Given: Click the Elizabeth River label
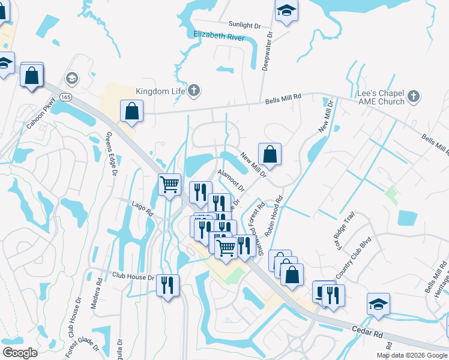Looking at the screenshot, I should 218,36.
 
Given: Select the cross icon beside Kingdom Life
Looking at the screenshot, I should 193,91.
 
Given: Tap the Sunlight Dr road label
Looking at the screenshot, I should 245,25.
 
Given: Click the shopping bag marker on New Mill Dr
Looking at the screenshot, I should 270,154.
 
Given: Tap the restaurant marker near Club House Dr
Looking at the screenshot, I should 168,284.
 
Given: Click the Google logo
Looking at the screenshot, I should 20,353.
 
